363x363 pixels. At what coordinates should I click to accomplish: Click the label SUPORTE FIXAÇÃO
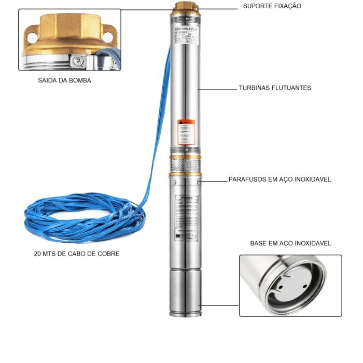272,6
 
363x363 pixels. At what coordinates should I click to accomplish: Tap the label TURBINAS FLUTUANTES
275,88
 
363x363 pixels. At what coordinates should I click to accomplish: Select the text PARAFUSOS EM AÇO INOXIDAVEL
280,180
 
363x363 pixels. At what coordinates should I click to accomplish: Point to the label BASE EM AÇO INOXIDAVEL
290,243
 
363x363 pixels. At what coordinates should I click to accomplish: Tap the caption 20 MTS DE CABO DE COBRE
76,254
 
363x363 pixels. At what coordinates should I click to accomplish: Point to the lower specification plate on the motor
185,218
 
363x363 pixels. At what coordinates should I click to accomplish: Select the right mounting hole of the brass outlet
107,36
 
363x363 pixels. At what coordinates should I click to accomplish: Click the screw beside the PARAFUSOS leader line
199,181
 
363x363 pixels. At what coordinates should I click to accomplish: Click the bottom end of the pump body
185,311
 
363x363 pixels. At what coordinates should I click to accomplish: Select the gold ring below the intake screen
185,175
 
